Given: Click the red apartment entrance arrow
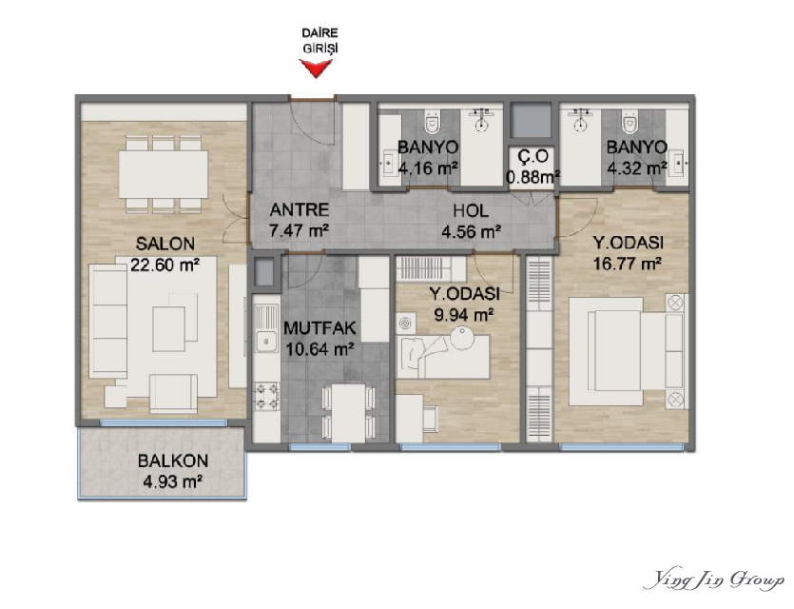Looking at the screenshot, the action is click(x=316, y=68).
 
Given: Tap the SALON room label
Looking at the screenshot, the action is click(x=165, y=245).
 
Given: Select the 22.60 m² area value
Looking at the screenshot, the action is click(x=165, y=265).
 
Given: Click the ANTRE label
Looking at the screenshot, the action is click(x=300, y=209).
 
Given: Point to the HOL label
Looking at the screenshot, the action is click(x=471, y=210).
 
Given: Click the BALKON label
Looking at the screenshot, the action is click(x=173, y=462).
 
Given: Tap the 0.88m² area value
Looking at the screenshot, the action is click(x=533, y=177).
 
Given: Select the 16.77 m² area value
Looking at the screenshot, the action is click(x=628, y=264).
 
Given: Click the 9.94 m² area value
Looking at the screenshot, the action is click(x=464, y=315).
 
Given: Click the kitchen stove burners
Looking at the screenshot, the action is click(x=266, y=396).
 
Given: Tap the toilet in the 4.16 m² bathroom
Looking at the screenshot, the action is click(x=432, y=120).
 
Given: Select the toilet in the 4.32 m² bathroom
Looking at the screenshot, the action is click(x=629, y=120).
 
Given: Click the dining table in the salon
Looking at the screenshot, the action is click(x=163, y=174).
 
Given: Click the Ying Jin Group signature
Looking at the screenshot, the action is click(x=714, y=580).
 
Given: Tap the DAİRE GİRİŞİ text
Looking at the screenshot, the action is click(x=320, y=41).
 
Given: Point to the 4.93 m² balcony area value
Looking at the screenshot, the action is click(x=173, y=481).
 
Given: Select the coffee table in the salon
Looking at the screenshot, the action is click(x=168, y=329).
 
